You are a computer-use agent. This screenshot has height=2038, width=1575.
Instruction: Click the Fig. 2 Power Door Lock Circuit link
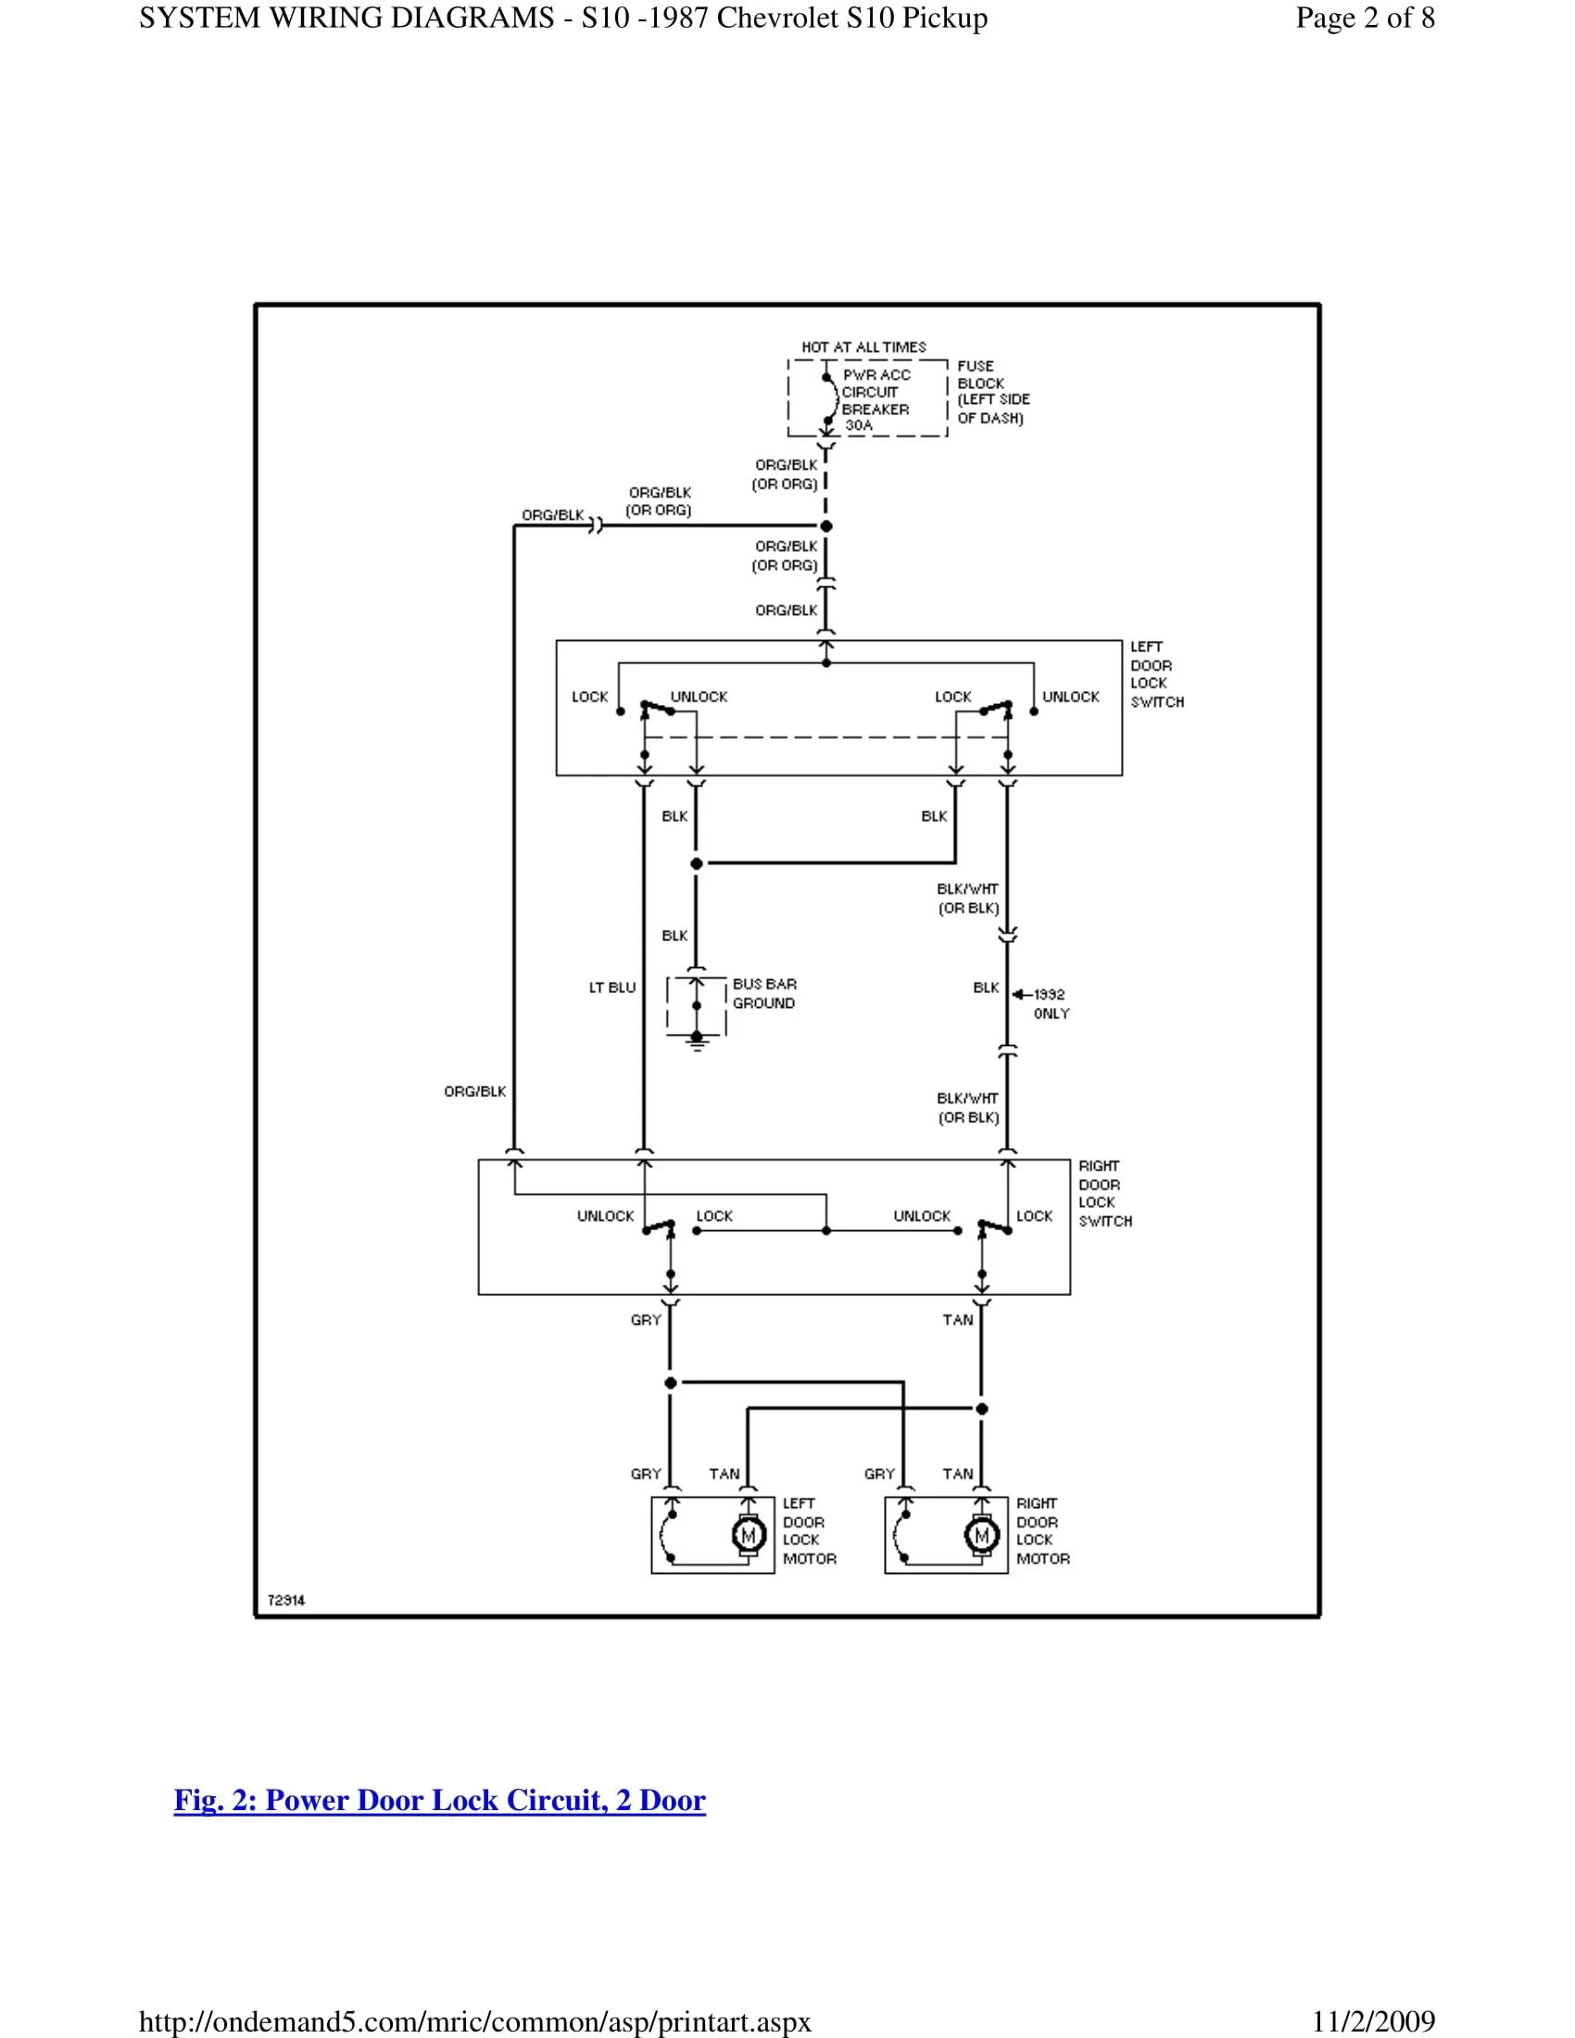pos(439,1799)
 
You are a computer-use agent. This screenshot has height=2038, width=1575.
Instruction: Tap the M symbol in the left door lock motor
pos(748,1535)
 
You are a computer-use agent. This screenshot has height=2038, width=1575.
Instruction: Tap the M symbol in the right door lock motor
pos(980,1535)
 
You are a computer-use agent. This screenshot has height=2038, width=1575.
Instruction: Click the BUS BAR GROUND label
pos(764,994)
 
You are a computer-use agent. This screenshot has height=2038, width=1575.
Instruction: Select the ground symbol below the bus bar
pos(697,1041)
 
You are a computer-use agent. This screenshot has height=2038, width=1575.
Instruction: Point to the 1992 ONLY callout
pos(1051,1004)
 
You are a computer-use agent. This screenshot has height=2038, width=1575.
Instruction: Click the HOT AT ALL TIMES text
pos(863,347)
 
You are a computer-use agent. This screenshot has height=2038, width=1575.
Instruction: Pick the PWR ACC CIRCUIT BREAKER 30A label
pos(876,400)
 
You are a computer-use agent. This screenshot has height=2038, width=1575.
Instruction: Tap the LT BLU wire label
pos(612,988)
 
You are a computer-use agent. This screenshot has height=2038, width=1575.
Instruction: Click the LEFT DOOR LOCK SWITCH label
pos(1156,673)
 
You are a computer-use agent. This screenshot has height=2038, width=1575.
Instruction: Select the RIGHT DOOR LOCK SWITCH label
pos(1104,1193)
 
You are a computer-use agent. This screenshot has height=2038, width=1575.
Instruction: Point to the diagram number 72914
pos(286,1601)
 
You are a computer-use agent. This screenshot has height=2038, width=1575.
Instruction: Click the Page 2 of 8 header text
pos(1364,18)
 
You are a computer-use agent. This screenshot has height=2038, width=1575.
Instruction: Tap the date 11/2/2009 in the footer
pos(1372,2022)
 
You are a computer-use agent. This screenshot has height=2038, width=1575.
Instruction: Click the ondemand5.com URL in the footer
pos(475,2022)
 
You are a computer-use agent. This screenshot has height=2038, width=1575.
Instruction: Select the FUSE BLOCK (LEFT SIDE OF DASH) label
pos(992,392)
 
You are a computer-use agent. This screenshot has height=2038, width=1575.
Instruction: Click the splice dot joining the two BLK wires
pos(696,863)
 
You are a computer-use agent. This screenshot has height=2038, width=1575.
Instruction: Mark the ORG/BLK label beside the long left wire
pos(475,1091)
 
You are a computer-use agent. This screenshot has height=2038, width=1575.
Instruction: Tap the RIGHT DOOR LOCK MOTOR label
pos(1042,1530)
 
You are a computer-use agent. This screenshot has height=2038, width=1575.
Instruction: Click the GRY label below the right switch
pos(646,1319)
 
